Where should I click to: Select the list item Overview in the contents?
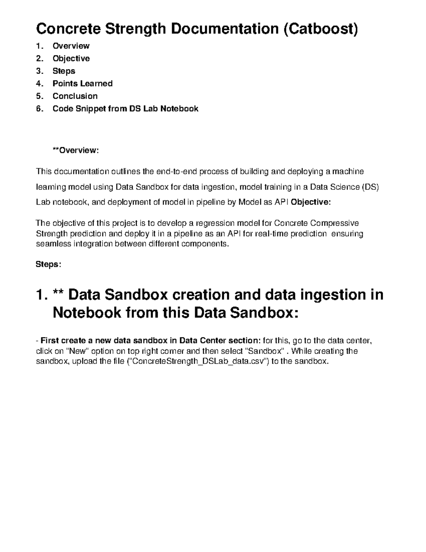point(71,46)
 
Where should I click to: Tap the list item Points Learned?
point(82,84)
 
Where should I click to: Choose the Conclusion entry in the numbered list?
point(75,96)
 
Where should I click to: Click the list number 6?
point(39,109)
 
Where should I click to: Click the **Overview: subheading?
point(75,150)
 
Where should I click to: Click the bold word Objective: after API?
point(311,202)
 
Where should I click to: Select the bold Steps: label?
point(48,264)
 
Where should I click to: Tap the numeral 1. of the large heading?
point(42,295)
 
